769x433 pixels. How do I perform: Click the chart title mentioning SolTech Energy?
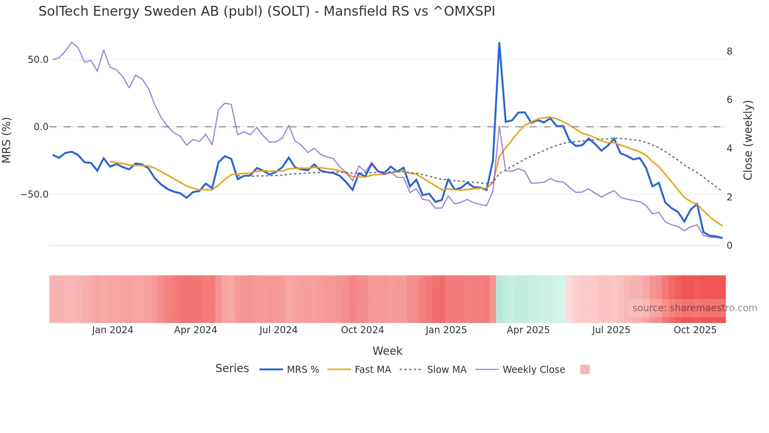267,11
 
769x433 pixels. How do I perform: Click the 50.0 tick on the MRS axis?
38,60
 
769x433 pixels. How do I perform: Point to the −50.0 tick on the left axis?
35,194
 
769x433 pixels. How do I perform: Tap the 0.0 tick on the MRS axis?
41,127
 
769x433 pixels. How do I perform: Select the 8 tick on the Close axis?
729,51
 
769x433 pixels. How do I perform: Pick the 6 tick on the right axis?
729,100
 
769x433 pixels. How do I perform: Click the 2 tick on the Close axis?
729,197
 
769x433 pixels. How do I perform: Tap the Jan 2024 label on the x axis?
113,330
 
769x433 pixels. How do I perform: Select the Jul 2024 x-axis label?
279,330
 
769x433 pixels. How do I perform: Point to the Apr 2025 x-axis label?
528,330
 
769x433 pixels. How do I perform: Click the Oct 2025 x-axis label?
695,330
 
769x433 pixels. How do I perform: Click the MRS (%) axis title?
7,140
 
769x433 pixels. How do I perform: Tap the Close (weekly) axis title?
748,140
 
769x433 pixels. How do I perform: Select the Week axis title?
387,351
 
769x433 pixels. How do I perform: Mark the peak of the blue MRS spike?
499,43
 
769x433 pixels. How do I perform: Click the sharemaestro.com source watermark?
694,308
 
